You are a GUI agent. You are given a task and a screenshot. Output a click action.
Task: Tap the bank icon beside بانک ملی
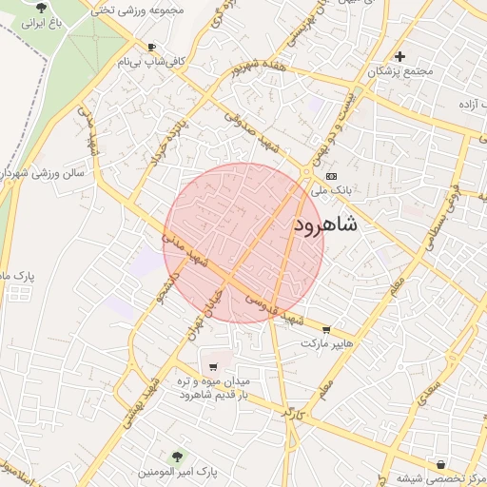coord(330,176)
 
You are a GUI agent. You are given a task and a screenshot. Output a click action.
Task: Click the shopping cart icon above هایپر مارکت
coord(327,329)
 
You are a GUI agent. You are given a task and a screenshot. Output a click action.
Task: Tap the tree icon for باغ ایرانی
coord(40,7)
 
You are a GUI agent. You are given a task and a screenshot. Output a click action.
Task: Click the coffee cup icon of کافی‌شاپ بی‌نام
coord(151,47)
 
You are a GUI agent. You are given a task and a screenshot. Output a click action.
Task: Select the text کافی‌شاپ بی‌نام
coord(151,61)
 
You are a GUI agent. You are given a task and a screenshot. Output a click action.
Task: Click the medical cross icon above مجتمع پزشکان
coord(400,56)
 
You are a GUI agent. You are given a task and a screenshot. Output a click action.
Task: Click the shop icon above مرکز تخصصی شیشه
coord(439,463)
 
